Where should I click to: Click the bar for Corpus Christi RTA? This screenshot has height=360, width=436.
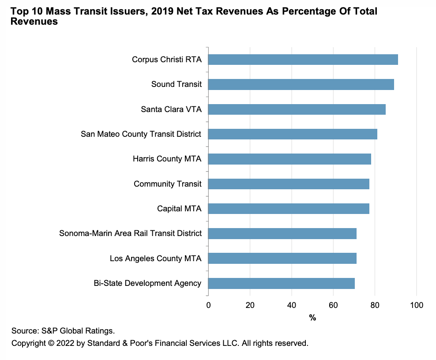(303, 60)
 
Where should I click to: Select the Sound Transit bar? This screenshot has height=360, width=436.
(301, 84)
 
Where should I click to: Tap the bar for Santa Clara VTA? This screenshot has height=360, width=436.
(297, 109)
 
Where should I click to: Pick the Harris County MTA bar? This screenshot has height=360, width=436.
(289, 159)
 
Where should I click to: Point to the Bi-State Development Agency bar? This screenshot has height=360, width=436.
(281, 283)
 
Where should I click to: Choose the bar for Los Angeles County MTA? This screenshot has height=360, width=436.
(282, 259)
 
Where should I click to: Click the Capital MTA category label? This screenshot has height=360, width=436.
(179, 209)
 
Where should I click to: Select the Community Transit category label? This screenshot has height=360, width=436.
(168, 184)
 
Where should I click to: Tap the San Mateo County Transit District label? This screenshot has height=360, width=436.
(141, 134)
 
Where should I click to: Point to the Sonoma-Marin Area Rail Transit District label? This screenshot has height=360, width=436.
(131, 233)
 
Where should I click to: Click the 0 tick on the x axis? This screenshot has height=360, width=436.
(208, 305)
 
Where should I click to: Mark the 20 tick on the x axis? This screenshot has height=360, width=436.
(250, 305)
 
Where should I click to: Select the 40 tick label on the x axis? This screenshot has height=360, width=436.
(292, 305)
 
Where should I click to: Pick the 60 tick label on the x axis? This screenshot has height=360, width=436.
(333, 305)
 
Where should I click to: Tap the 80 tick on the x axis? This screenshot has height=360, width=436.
(375, 305)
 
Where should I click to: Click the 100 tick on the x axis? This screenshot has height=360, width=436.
(417, 305)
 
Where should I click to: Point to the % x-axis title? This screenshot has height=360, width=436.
(312, 318)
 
